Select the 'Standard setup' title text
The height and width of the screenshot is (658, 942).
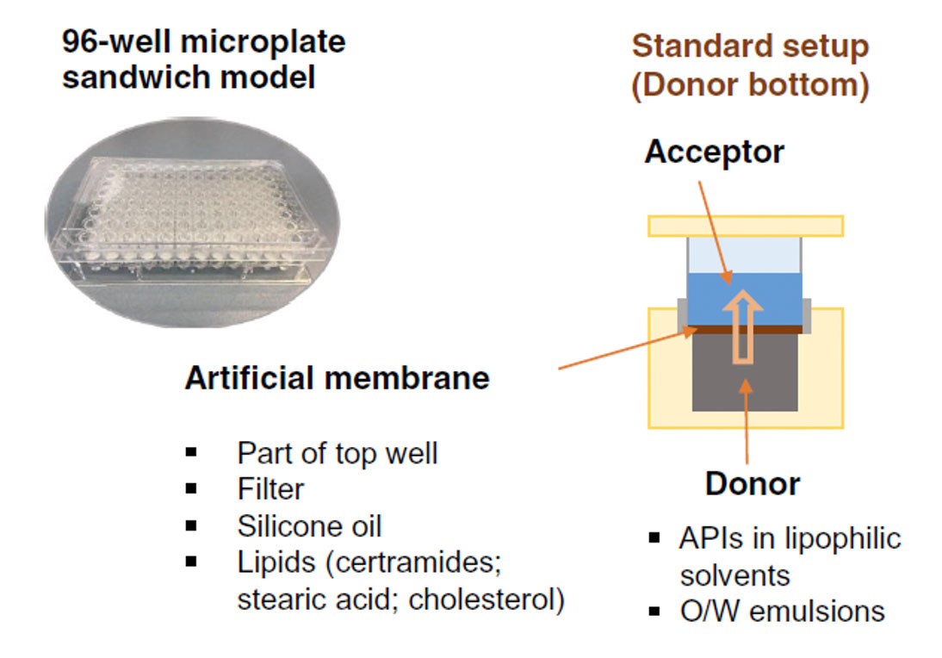point(750,46)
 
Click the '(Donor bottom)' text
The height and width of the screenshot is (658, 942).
point(750,86)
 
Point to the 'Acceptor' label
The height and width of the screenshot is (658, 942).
point(714,152)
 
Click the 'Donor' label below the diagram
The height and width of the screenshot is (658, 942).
point(752,483)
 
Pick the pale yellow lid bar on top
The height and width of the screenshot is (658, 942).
point(745,226)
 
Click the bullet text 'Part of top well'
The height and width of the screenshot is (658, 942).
point(338,452)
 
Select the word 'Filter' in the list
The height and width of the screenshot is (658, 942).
point(270,489)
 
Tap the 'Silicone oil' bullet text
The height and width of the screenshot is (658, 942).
point(309,525)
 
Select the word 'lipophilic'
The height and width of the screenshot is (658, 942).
point(843,538)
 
